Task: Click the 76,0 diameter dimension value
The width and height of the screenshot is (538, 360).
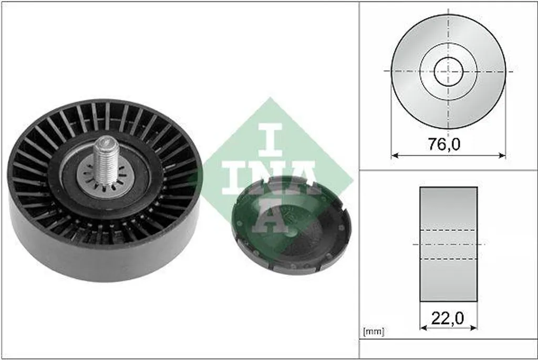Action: click(x=444, y=144)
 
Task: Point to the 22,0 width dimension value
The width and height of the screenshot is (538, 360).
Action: click(x=448, y=318)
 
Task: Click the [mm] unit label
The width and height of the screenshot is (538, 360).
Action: click(x=374, y=332)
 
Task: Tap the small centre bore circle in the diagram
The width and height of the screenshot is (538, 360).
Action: click(x=449, y=71)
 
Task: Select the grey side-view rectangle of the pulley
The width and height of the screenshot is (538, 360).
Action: click(x=449, y=244)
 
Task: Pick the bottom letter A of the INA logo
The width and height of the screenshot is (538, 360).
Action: click(x=271, y=215)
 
